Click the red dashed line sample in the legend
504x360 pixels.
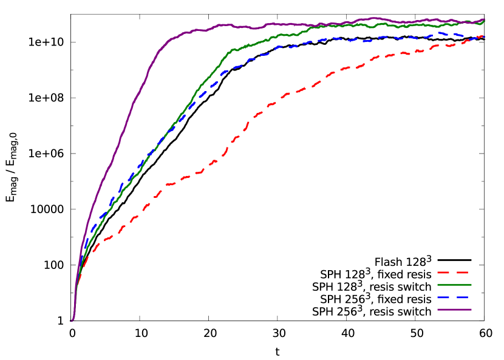453,273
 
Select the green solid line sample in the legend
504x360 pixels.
454,285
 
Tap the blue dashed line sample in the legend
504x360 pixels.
453,297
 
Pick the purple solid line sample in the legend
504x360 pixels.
454,310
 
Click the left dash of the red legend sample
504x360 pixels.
443,273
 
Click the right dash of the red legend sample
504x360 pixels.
463,273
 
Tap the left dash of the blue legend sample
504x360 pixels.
443,297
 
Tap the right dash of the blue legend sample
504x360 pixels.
463,297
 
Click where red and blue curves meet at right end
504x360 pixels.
483,36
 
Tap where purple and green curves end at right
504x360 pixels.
483,20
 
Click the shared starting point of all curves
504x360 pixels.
72,321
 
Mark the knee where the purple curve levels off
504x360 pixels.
170,39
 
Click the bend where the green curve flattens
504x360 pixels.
234,49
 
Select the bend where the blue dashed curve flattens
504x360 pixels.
228,70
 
